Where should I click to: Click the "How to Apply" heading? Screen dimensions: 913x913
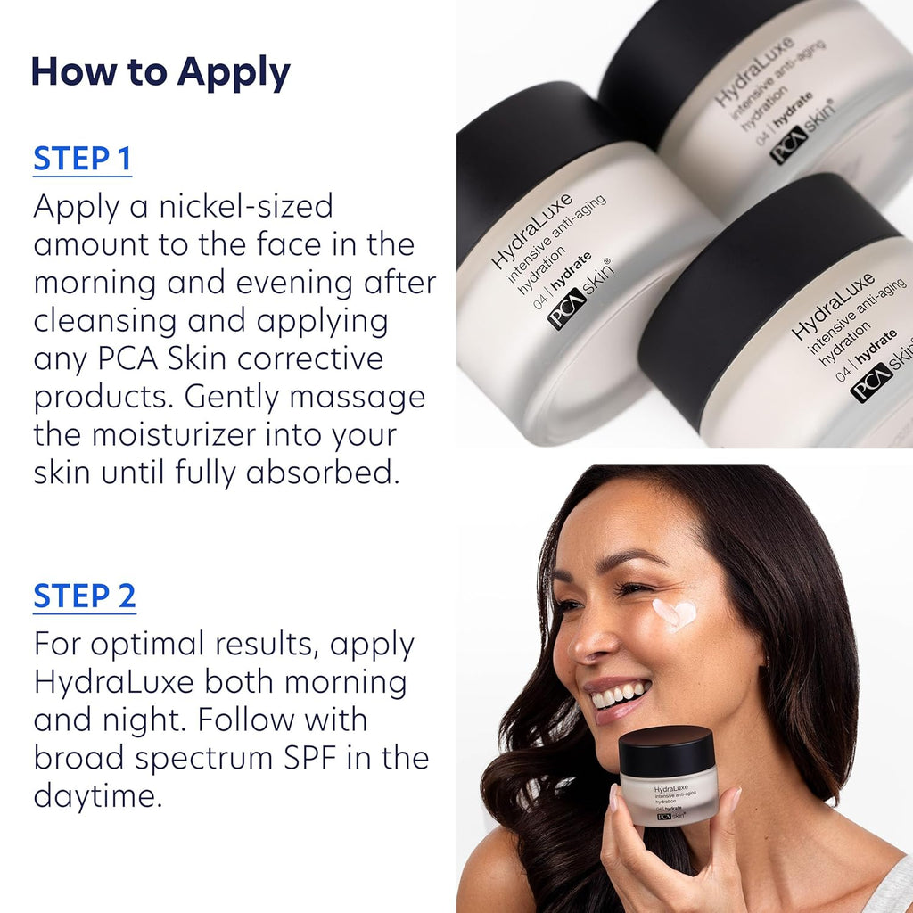pos(160,73)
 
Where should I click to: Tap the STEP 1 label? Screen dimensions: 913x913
pos(82,159)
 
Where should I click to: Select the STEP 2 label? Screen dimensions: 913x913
pos(85,596)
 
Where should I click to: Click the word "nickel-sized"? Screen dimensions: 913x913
pos(246,206)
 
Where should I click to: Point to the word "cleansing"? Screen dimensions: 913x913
pos(105,322)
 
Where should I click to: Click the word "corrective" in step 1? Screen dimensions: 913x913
pos(310,358)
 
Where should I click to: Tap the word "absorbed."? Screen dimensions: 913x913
pos(323,473)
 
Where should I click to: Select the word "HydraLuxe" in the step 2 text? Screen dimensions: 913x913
pos(113,682)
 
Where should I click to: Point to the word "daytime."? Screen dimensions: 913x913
pos(98,796)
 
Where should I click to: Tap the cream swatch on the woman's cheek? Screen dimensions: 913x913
pos(674,615)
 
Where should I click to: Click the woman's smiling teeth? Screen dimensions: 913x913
pos(620,695)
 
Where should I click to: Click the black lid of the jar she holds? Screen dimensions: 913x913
pos(666,750)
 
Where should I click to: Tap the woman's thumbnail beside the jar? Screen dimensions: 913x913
pos(613,798)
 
